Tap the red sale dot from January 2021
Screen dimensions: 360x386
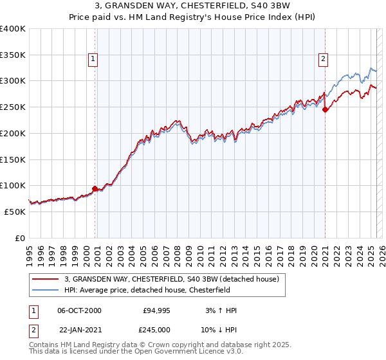click(326, 109)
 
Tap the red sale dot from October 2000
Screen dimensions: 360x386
click(95, 188)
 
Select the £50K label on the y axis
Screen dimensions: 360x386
click(15, 212)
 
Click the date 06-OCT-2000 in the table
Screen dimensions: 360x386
click(78, 310)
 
